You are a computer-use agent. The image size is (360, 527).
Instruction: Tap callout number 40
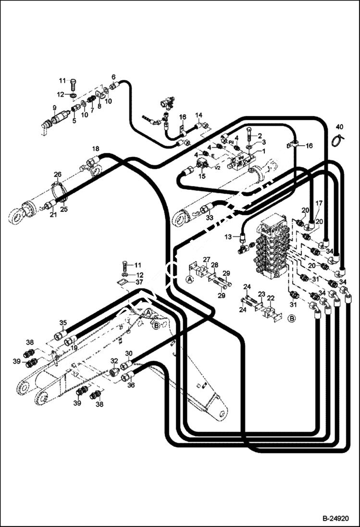(339, 127)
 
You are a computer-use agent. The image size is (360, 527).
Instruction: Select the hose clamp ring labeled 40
(338, 141)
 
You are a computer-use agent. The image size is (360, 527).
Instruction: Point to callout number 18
(96, 149)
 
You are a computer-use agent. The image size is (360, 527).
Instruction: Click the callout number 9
(54, 108)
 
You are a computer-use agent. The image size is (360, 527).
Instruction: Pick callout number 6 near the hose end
(113, 77)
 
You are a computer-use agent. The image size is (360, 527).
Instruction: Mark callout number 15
(201, 176)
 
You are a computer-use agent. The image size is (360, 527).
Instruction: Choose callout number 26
(58, 174)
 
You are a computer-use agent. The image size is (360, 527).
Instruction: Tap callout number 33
(209, 218)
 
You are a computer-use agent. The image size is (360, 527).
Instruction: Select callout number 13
(229, 236)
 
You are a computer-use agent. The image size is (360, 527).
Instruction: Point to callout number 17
(318, 204)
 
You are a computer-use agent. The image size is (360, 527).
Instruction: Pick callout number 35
(63, 322)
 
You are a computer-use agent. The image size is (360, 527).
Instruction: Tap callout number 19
(74, 348)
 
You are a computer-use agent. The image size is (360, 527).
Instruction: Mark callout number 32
(114, 361)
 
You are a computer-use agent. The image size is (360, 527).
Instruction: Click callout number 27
(206, 259)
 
